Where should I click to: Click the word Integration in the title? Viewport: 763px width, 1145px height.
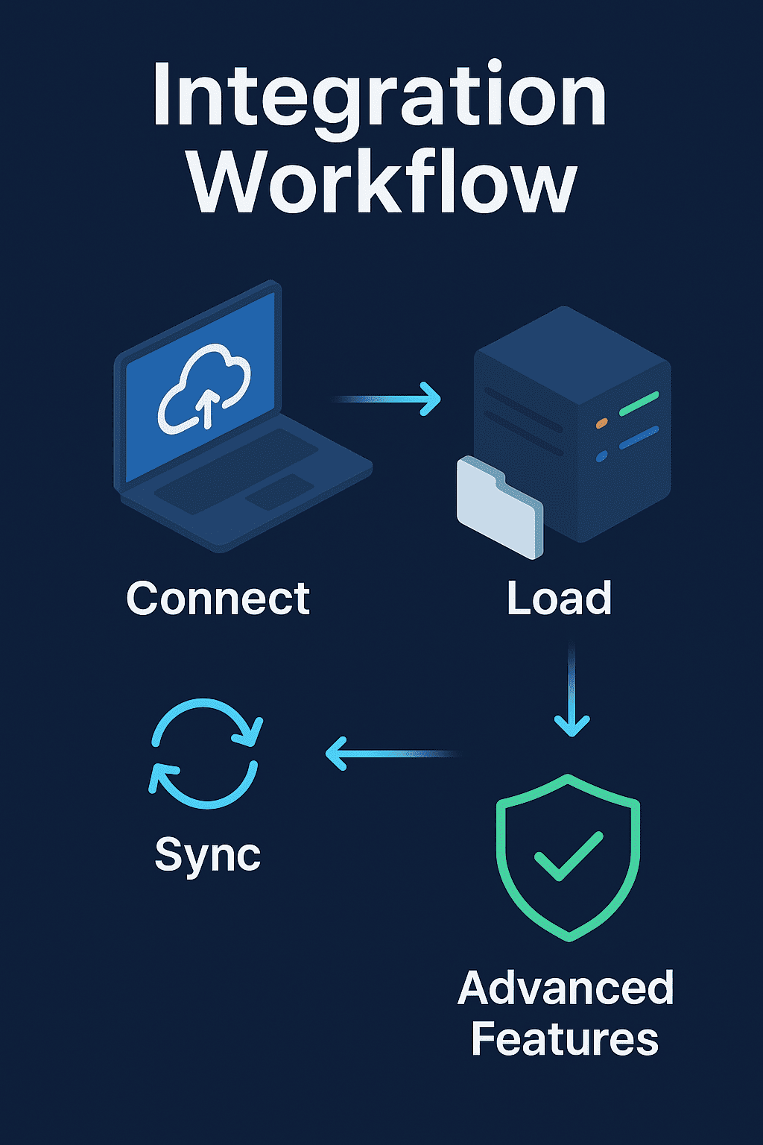pyautogui.click(x=380, y=97)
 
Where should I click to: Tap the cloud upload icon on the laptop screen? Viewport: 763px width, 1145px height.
pyautogui.click(x=203, y=388)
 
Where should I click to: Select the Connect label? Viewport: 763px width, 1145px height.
pyautogui.click(x=218, y=598)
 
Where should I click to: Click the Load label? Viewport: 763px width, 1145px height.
pyautogui.click(x=559, y=598)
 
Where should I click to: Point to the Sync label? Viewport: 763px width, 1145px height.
pyautogui.click(x=207, y=854)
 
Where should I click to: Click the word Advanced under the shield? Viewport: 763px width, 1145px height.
pyautogui.click(x=566, y=988)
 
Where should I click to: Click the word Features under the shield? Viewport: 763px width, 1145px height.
pyautogui.click(x=565, y=1039)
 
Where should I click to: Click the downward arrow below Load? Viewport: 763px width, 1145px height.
pyautogui.click(x=572, y=693)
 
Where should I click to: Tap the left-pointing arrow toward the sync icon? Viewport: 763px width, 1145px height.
pyautogui.click(x=391, y=754)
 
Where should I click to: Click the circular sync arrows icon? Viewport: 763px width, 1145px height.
pyautogui.click(x=206, y=753)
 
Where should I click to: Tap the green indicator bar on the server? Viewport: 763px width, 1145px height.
pyautogui.click(x=639, y=403)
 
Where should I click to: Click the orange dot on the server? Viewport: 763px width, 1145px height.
pyautogui.click(x=602, y=423)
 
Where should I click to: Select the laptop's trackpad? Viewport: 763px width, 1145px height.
pyautogui.click(x=279, y=492)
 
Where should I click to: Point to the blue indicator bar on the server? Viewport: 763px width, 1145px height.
pyautogui.click(x=639, y=437)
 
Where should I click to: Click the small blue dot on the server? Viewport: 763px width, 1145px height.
pyautogui.click(x=601, y=456)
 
